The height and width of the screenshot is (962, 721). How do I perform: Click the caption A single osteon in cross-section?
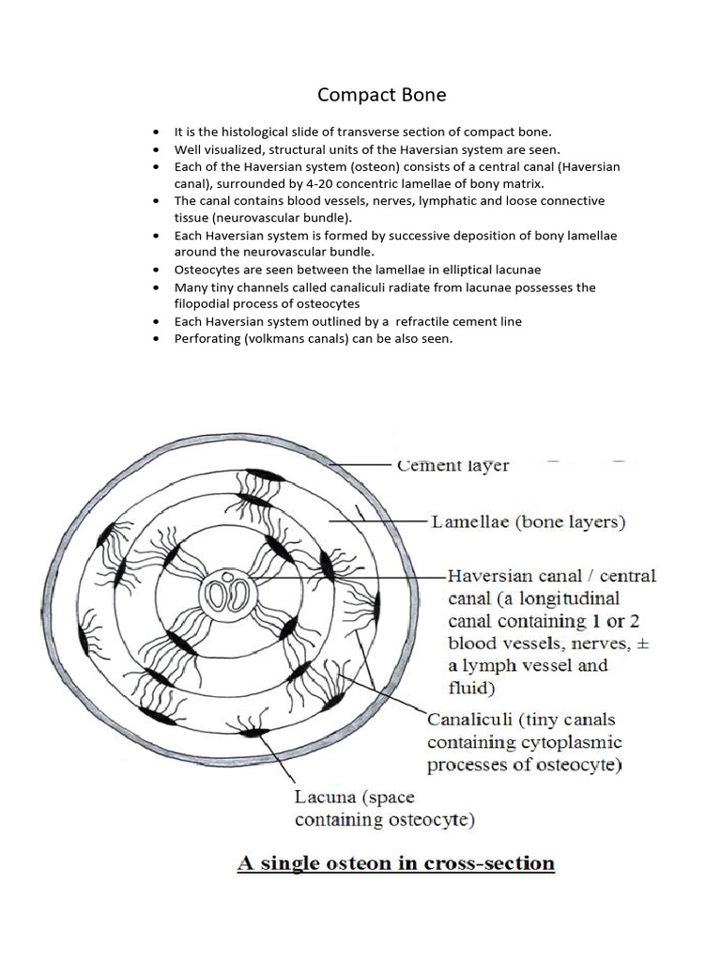396,862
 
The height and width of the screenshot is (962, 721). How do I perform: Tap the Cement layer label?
453,465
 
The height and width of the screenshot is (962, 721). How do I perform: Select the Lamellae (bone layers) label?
528,521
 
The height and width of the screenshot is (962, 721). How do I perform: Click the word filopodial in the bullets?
204,304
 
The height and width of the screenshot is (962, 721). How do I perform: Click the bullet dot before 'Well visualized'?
156,149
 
